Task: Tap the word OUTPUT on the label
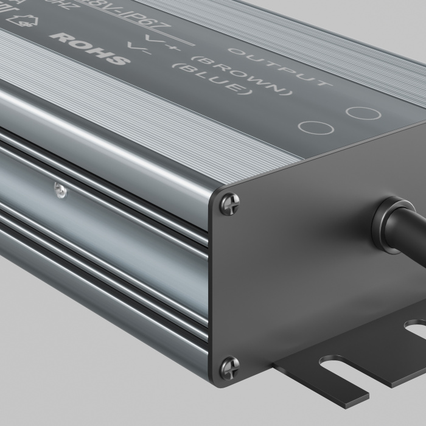[x=279, y=66]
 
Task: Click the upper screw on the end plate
[x=229, y=203]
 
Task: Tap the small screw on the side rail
[x=60, y=190]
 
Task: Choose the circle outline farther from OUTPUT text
[x=315, y=128]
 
